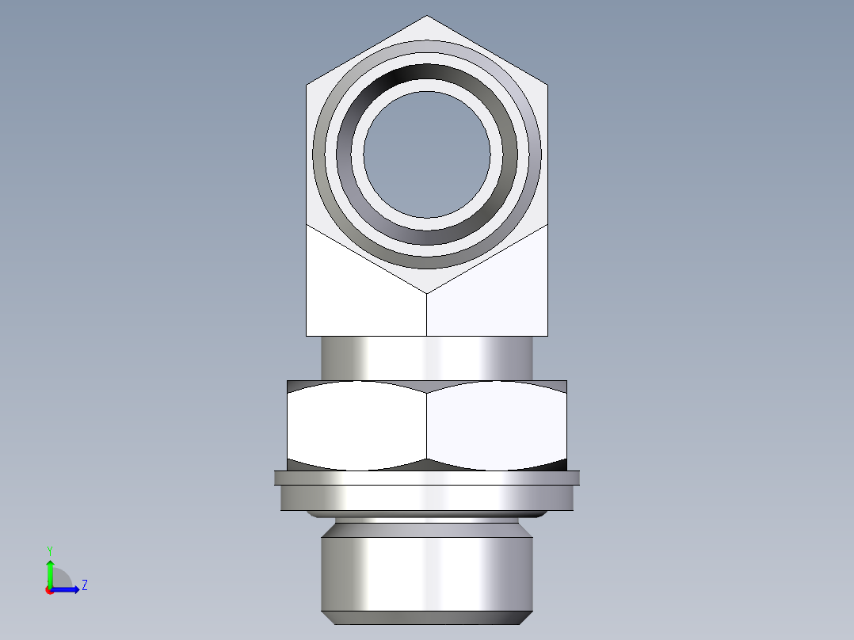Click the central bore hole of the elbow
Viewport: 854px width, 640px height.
[427, 154]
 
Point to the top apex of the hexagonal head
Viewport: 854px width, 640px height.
[427, 17]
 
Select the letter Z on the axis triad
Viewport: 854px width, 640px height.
[84, 585]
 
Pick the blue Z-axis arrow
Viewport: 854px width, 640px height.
[67, 589]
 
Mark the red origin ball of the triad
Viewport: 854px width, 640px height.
[49, 590]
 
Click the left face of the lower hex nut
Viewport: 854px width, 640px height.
[356, 424]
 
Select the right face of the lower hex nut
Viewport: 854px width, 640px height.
[498, 424]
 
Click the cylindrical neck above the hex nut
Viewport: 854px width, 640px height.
[427, 357]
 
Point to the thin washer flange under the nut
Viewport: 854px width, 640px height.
[427, 478]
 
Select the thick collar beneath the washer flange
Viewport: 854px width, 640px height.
[427, 497]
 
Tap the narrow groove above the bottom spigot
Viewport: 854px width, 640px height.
[427, 523]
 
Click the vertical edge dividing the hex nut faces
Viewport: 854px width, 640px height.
[427, 424]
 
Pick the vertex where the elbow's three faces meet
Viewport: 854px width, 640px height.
[427, 294]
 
